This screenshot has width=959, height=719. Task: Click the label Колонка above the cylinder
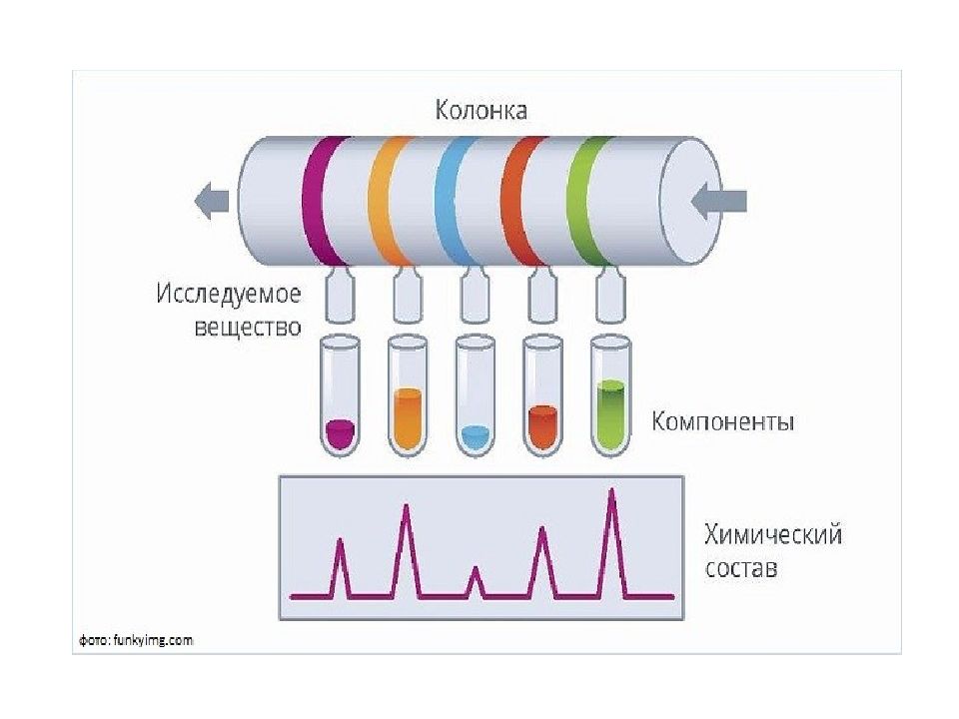coord(480,110)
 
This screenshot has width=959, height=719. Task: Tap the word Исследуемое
coord(229,295)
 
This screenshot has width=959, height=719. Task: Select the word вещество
coord(248,328)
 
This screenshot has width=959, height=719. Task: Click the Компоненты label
coord(723,421)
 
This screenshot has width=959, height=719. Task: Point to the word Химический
coord(773,534)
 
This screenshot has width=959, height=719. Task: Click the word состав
coord(741,568)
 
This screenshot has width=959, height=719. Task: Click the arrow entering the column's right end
coord(718,201)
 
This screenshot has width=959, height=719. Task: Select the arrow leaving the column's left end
coord(212,201)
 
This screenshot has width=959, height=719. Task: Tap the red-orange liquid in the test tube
coord(542,426)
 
